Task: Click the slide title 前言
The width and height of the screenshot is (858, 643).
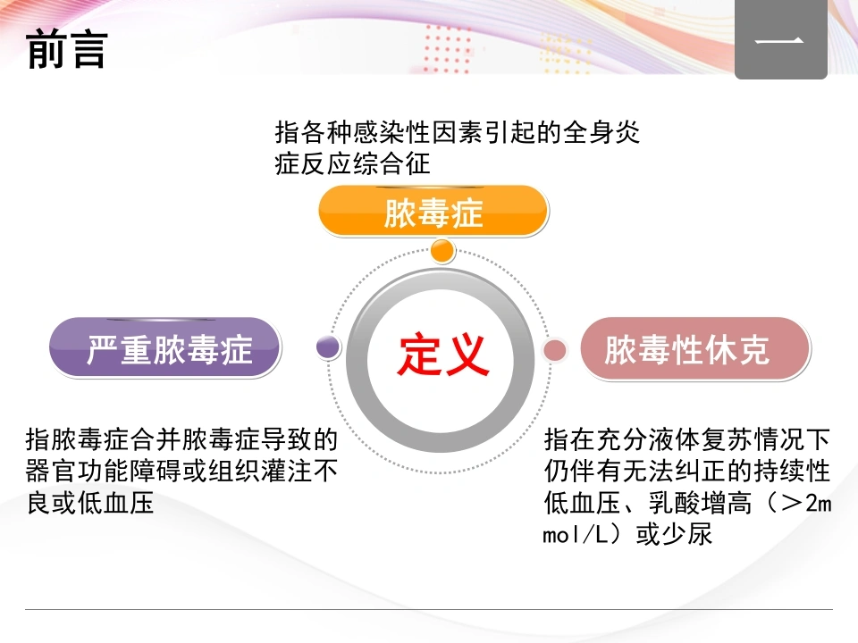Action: pos(66,49)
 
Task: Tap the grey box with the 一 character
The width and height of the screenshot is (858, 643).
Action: pos(780,39)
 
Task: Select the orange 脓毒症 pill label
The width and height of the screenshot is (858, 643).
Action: pos(433,211)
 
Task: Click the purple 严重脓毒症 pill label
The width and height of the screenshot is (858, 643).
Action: pos(165,347)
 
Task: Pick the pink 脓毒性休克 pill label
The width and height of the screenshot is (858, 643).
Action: pos(695,349)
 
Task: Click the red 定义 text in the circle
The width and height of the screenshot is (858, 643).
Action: pos(442,355)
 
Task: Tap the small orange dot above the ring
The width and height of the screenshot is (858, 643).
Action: pos(442,251)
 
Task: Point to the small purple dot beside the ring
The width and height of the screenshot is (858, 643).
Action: pos(328,347)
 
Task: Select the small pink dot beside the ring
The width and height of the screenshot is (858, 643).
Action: pos(555,350)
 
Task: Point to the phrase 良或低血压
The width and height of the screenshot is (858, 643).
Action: pos(90,503)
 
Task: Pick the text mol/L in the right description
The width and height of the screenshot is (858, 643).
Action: pos(576,534)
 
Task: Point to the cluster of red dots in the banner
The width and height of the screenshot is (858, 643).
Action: pos(448,48)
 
